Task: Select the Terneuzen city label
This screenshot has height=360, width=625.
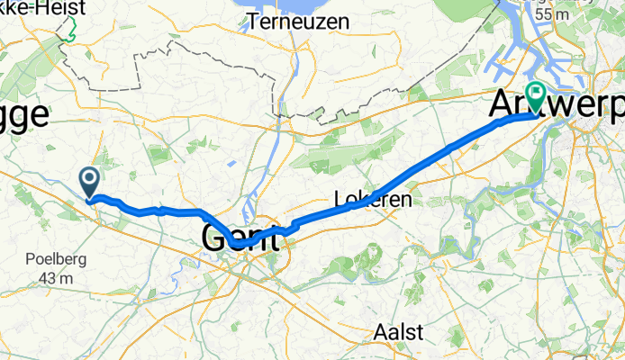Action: [294, 19]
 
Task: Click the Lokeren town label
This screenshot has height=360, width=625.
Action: [372, 199]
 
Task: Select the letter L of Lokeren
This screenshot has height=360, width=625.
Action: [339, 199]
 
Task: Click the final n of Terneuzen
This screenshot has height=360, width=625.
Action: [331, 19]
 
